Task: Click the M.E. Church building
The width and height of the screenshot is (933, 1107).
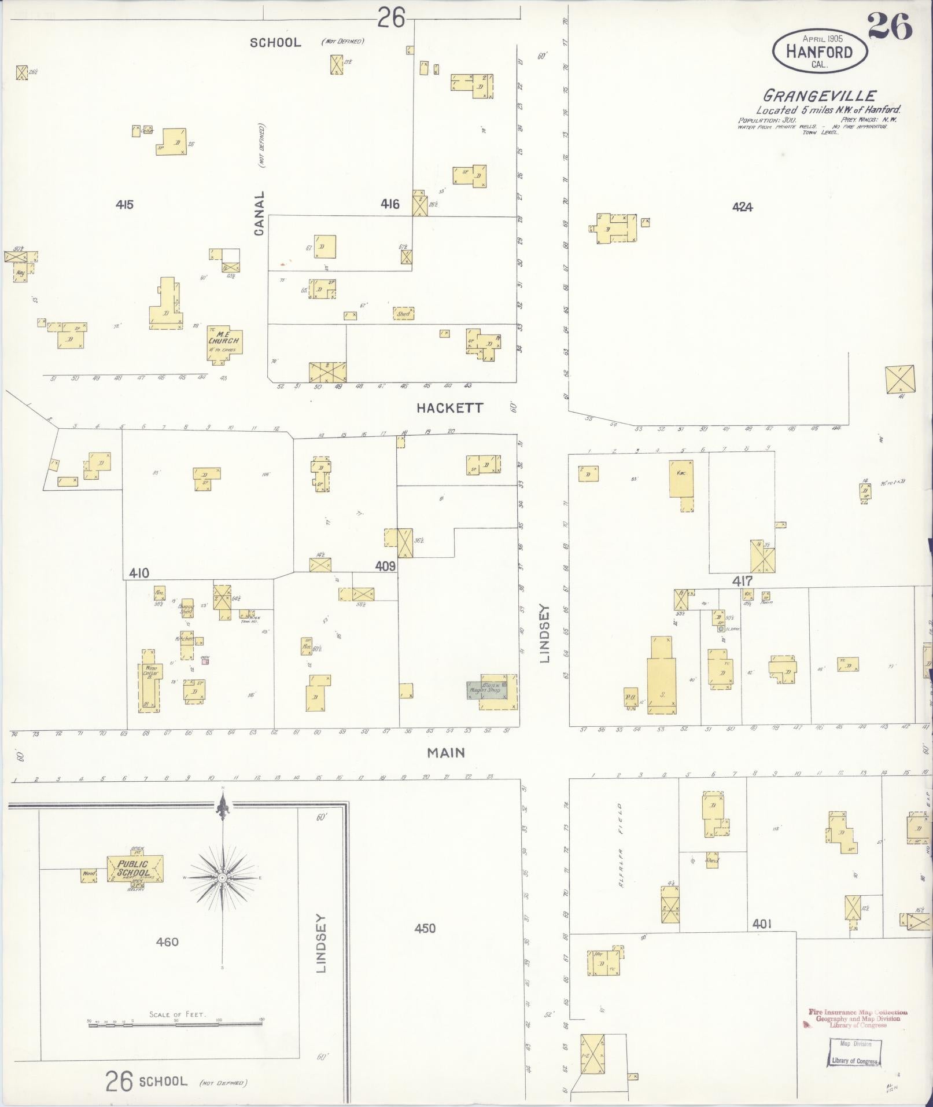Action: (224, 343)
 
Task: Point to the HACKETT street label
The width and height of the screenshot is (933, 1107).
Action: (449, 408)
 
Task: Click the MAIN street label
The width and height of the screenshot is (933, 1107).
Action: (446, 753)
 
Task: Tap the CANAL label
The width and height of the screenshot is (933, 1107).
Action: (259, 214)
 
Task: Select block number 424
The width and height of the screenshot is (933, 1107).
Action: (742, 207)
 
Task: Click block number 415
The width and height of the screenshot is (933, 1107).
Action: (124, 204)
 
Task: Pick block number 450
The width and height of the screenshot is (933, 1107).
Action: (425, 928)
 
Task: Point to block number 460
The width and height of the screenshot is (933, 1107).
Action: (167, 942)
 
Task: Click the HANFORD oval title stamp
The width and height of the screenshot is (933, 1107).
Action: (820, 51)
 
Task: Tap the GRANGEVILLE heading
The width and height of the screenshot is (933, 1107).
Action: (820, 95)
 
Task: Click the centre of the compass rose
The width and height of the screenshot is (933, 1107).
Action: (222, 878)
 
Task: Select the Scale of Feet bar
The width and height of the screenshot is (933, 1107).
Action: (176, 1021)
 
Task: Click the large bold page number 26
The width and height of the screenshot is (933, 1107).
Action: (890, 27)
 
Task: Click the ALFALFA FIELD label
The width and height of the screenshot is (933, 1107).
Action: (619, 845)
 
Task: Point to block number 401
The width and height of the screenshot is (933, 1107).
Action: (762, 924)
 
